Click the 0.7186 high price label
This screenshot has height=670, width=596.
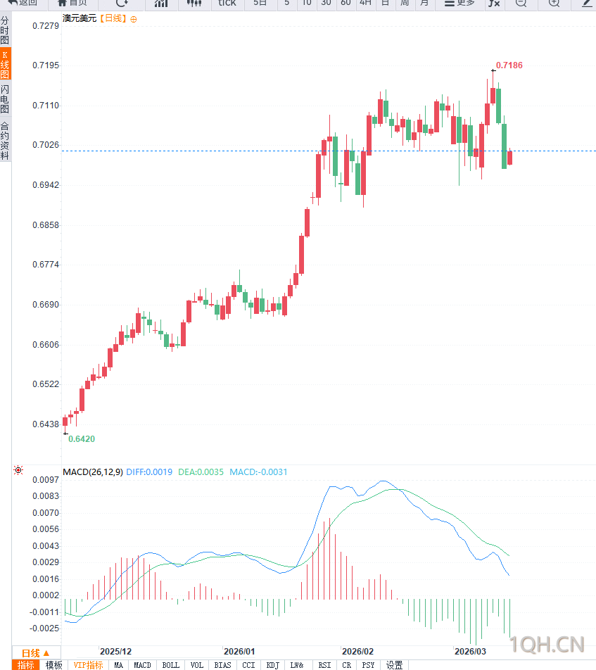click(x=509, y=65)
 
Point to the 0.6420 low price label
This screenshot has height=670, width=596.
click(x=81, y=438)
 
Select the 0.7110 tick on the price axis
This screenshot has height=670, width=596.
click(x=46, y=106)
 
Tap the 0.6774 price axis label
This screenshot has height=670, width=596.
click(x=46, y=265)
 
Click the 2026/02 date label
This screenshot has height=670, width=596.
click(x=357, y=652)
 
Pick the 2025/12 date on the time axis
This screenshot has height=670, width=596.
click(x=115, y=652)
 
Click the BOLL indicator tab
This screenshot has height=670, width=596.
click(x=170, y=665)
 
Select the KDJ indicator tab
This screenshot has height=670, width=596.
click(x=272, y=665)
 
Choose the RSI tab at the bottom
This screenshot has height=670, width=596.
click(x=324, y=665)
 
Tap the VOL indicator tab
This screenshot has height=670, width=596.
click(x=196, y=665)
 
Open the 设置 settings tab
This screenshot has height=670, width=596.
click(x=394, y=665)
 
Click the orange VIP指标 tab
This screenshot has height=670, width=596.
click(x=89, y=665)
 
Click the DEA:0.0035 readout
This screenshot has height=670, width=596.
click(x=201, y=472)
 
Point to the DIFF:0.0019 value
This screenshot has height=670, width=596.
click(x=149, y=472)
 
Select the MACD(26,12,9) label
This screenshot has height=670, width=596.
click(x=93, y=472)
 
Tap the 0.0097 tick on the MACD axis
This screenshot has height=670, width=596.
click(x=46, y=480)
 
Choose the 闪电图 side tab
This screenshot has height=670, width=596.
click(x=5, y=99)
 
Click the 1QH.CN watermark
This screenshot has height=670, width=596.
click(x=547, y=643)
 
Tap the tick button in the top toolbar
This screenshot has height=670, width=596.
click(x=227, y=3)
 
